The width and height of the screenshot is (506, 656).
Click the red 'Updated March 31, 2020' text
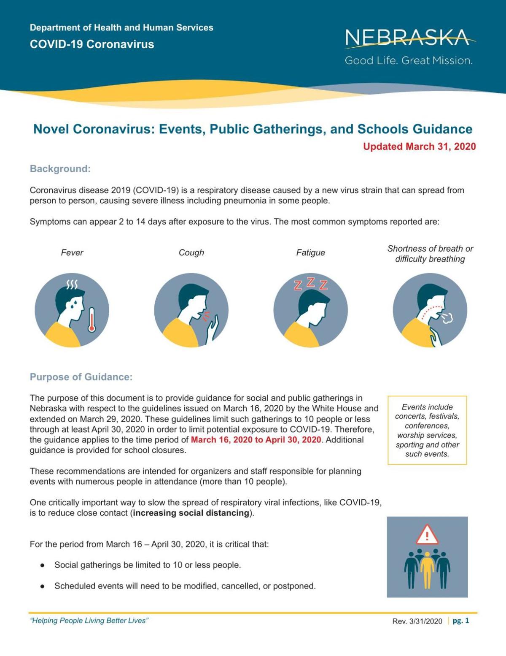coord(419,146)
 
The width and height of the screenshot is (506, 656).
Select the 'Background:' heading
coord(60,169)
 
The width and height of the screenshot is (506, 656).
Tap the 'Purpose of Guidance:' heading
coord(81,377)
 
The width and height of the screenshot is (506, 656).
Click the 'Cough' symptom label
coord(191,252)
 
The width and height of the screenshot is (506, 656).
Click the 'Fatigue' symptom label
coord(311,252)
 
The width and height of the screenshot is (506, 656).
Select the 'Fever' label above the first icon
coord(72,252)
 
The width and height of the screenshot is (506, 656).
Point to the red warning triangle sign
coord(427,534)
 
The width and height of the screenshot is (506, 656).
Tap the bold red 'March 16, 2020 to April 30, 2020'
coord(256,439)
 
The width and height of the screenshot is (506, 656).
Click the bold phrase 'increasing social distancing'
coord(191,513)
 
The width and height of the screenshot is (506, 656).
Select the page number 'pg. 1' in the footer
coord(460,621)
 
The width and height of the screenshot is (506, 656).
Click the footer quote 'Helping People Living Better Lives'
coord(89,620)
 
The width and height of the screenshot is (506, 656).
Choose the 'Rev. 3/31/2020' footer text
coord(417,621)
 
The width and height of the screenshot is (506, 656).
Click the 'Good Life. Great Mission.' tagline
coord(408,60)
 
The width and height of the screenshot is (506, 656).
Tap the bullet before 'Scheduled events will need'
coord(42,586)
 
